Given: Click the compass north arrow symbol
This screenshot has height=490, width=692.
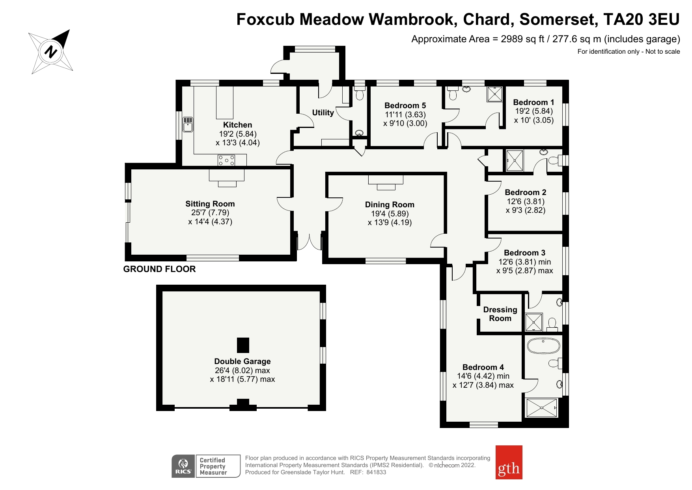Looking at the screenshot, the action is coord(51,51).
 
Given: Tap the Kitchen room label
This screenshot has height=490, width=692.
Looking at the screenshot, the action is coord(237,125).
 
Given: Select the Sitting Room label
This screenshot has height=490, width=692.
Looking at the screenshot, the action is coord(210,204).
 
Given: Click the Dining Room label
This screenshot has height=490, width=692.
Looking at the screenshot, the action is coord(390,205).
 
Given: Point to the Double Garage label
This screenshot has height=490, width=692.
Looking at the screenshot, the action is coord(242,361).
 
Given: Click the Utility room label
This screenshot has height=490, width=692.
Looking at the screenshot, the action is coord(323,113).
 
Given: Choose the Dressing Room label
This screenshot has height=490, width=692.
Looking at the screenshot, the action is coord(500,314).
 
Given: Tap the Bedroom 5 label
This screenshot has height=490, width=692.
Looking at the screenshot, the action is coord(405,105).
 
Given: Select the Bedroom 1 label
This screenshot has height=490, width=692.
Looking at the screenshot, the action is coord(533,102).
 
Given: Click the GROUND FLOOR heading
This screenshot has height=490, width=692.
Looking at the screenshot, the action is coord(159,269).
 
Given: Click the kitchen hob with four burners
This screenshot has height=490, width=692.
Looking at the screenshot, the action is coord(227,160).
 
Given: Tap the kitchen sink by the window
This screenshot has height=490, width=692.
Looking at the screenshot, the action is coord(188,124).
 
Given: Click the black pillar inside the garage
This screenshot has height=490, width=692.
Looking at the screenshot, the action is coord(243,345).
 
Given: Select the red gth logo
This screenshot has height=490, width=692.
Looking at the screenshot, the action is coord(509,462).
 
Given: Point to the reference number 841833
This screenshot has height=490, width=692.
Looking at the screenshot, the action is coord(376,472).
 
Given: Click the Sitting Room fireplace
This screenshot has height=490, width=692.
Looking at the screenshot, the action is coord(227,178).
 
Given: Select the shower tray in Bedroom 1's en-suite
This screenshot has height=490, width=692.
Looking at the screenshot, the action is coord(495,94).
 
